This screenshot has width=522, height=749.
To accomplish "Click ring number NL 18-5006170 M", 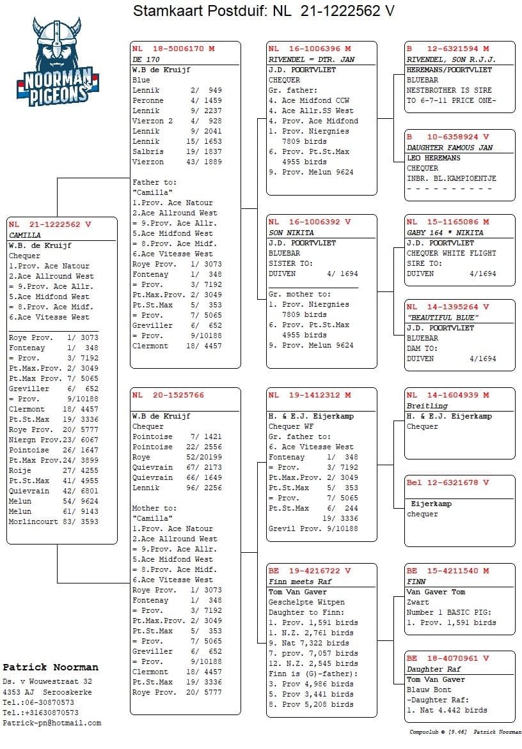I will [x=173, y=49].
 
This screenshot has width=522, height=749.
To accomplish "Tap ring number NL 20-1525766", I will [x=168, y=395].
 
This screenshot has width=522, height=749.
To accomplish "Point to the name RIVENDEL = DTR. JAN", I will [x=311, y=59].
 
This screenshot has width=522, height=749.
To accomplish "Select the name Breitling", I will [x=427, y=406].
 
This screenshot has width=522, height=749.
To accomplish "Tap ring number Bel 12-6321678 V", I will [x=448, y=483].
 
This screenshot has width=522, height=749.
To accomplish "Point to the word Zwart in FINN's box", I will [x=418, y=602].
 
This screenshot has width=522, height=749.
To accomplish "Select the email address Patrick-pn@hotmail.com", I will [x=52, y=723].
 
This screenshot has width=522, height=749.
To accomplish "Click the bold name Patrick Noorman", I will [x=51, y=667].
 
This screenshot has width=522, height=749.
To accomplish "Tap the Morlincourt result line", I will [x=53, y=521].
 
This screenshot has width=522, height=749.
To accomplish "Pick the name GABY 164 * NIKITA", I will [x=445, y=233].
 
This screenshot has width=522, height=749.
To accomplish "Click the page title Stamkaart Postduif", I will [x=264, y=11].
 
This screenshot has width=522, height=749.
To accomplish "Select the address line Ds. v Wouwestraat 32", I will [x=47, y=682].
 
